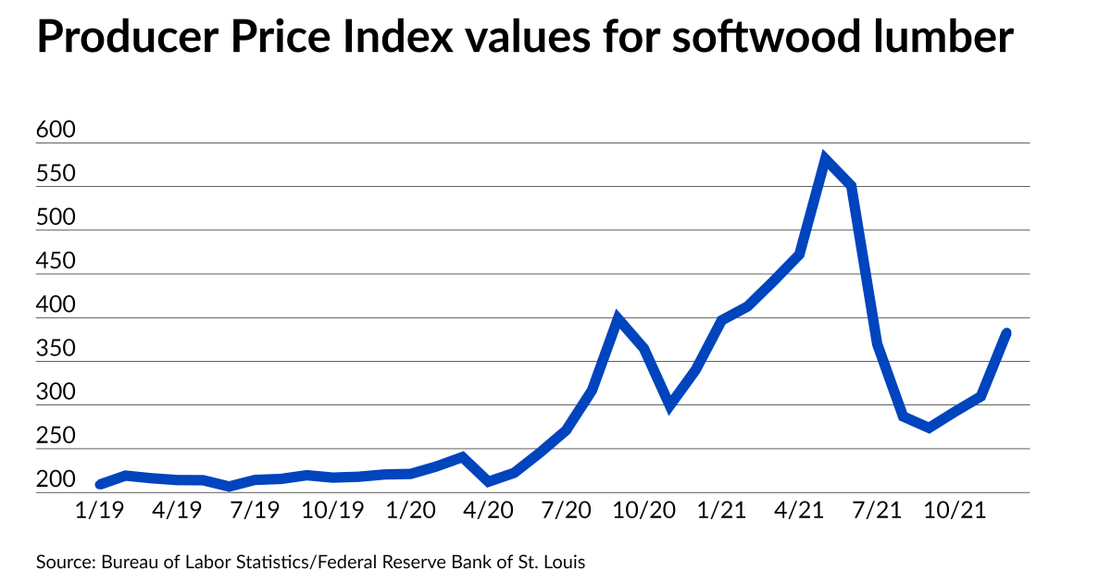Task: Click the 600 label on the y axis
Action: coord(54,130)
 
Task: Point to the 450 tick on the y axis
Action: coord(54,262)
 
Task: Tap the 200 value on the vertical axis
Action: coord(54,480)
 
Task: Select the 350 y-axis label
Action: coord(54,349)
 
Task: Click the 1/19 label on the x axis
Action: coord(99,510)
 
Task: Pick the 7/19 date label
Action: coord(255,510)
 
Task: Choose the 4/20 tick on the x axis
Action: coord(488,510)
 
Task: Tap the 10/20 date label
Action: coord(644,510)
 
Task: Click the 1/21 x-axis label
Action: coord(722,510)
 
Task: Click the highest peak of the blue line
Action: coord(825,159)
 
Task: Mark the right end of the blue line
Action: coord(1006,333)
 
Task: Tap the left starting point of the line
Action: coord(100,484)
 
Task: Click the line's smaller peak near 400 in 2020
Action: coord(618,319)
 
